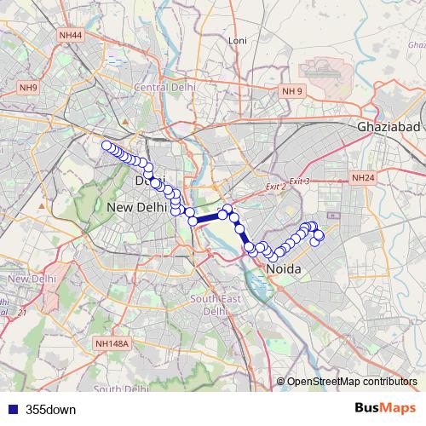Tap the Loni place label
click(x=238, y=39)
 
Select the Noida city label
click(x=285, y=268)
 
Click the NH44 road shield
click(x=72, y=35)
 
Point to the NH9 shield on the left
click(x=31, y=88)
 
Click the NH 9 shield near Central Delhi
click(x=292, y=89)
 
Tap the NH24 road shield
click(x=362, y=177)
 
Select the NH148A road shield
click(x=112, y=343)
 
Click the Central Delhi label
click(x=165, y=87)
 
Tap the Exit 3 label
click(x=299, y=181)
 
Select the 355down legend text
click(x=51, y=409)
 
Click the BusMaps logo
click(x=385, y=409)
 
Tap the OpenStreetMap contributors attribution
click(x=350, y=383)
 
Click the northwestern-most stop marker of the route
click(x=106, y=146)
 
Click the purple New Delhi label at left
click(x=32, y=279)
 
